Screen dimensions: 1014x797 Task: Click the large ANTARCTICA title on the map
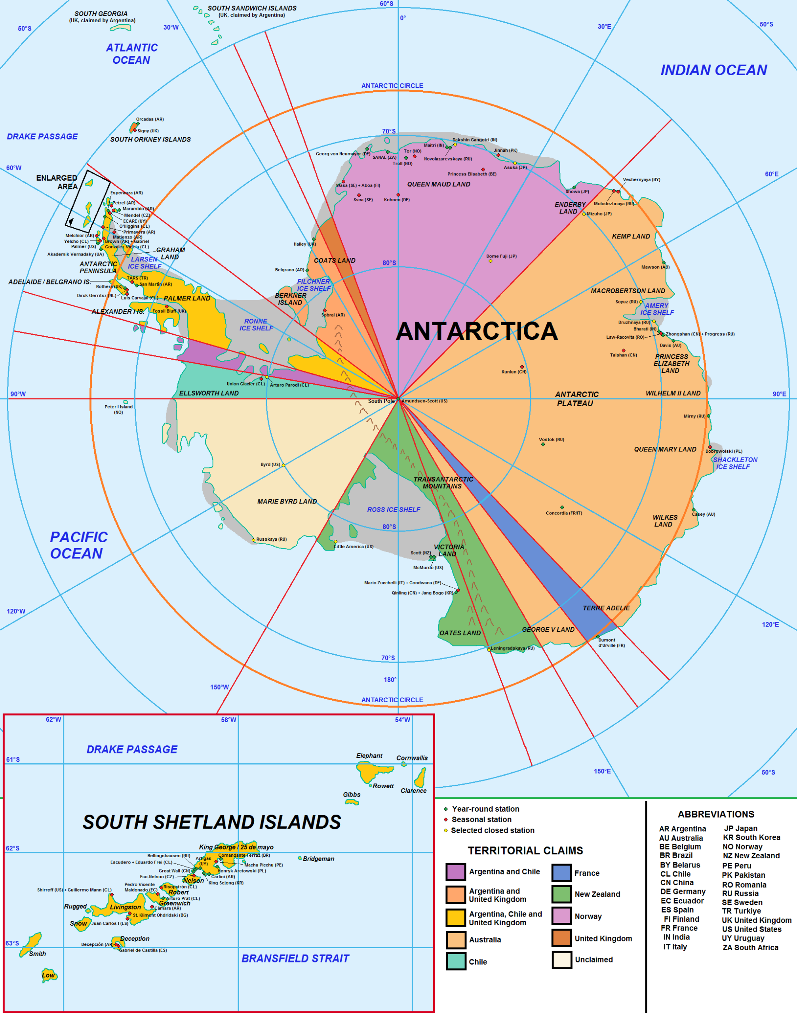[x=476, y=331]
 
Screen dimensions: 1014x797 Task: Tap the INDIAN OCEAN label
[x=713, y=70]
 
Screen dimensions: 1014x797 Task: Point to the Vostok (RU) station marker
[x=543, y=444]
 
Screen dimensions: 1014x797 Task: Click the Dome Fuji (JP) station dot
[x=491, y=261]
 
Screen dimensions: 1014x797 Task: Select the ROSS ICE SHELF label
[x=394, y=509]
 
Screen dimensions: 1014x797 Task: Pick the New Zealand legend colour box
[x=561, y=894]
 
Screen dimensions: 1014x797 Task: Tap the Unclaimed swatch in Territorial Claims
[x=561, y=960]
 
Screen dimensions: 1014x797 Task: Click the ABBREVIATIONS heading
[x=716, y=815]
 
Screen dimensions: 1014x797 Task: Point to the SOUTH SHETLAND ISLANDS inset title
[x=211, y=822]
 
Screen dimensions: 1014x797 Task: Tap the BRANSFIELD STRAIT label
[x=295, y=959]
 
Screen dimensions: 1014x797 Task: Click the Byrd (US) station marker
[x=283, y=465]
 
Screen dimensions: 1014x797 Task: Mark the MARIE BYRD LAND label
[x=287, y=501]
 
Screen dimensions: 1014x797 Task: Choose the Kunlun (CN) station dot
[x=522, y=367]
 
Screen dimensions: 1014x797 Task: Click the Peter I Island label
[x=118, y=407]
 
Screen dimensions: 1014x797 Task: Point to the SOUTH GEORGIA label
[x=101, y=14]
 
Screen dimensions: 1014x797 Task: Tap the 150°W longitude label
[x=219, y=687]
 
